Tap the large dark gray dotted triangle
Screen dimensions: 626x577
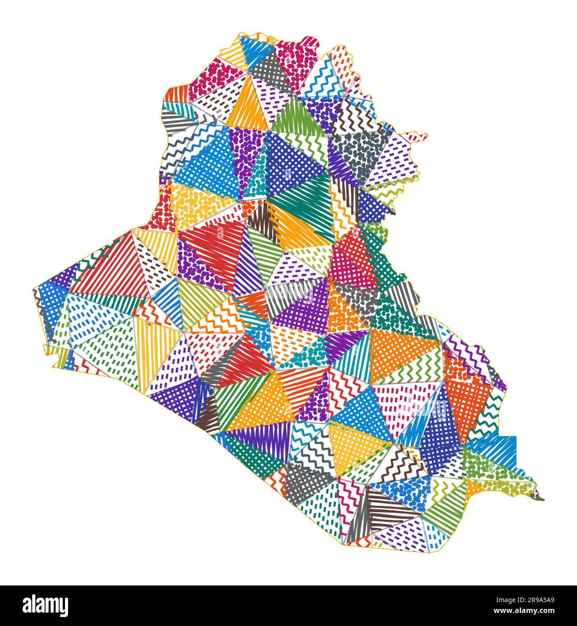[x=361, y=153]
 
